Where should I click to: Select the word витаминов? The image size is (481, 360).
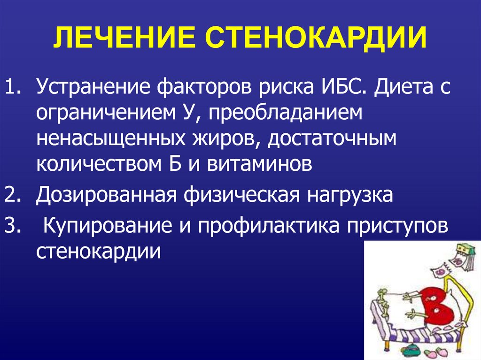pyautogui.click(x=259, y=164)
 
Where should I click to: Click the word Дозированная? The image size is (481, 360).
pyautogui.click(x=107, y=195)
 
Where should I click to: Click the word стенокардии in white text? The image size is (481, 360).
pyautogui.click(x=99, y=252)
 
